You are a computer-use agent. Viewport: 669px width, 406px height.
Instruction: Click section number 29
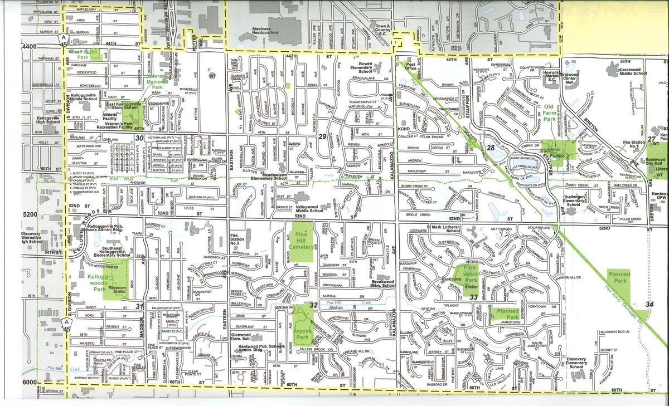pyautogui.click(x=322, y=137)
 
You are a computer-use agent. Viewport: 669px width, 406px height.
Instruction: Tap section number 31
pyautogui.click(x=139, y=306)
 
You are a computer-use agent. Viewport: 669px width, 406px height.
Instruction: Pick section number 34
pyautogui.click(x=648, y=304)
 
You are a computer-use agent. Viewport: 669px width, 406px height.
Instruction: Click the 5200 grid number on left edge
pyautogui.click(x=29, y=214)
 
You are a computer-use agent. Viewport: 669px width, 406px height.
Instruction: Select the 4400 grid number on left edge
pyautogui.click(x=29, y=48)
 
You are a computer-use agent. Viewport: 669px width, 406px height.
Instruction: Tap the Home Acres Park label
pyautogui.click(x=83, y=54)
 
